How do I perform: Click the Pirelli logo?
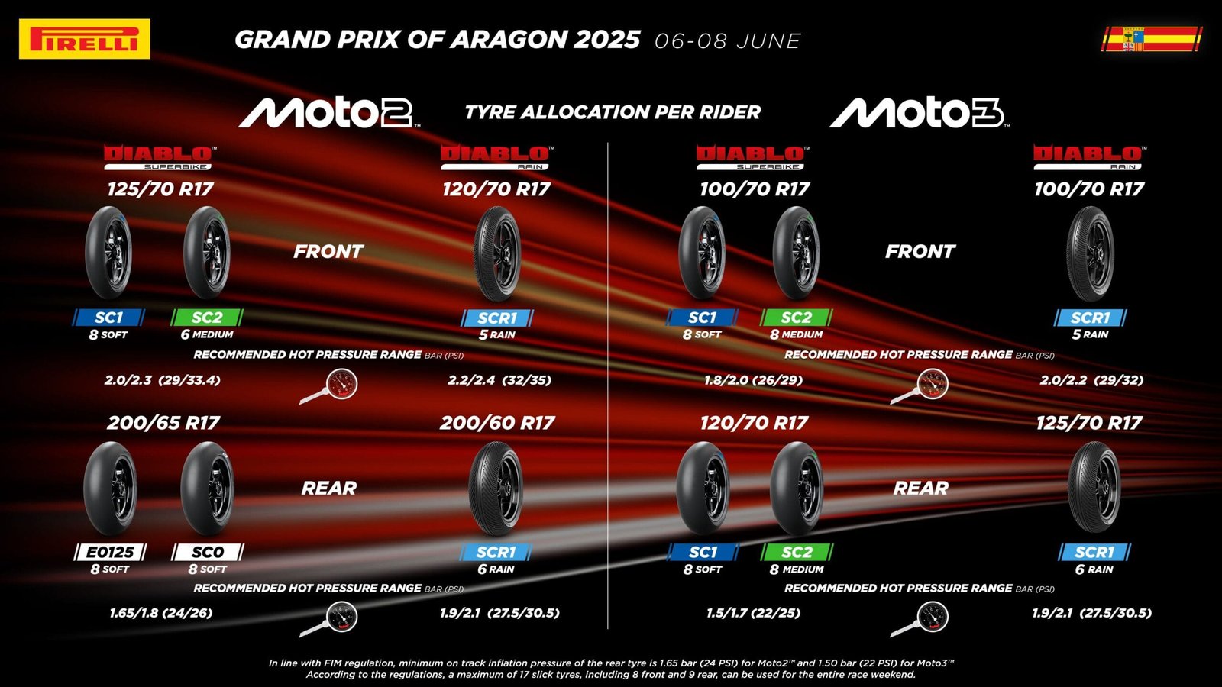[x=85, y=39]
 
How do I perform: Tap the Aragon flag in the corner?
[x=1152, y=39]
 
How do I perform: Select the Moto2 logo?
[x=328, y=112]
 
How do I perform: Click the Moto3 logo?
[x=920, y=112]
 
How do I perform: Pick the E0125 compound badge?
[x=110, y=553]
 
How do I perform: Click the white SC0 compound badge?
[x=207, y=553]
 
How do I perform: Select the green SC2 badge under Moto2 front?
[x=207, y=318]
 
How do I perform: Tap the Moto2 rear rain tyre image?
[x=496, y=488]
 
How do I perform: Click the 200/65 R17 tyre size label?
[x=163, y=423]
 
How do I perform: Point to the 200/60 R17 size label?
[x=497, y=423]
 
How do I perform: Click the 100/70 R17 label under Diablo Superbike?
[x=755, y=189]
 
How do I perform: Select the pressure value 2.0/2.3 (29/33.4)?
[x=163, y=380]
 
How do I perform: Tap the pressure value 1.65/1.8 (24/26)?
[x=161, y=613]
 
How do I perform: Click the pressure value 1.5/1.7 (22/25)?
[x=753, y=613]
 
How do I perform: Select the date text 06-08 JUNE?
[x=728, y=41]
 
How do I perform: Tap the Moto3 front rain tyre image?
[x=1090, y=253]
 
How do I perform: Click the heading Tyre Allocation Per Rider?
[x=612, y=112]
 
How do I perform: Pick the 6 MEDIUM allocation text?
[x=207, y=334]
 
